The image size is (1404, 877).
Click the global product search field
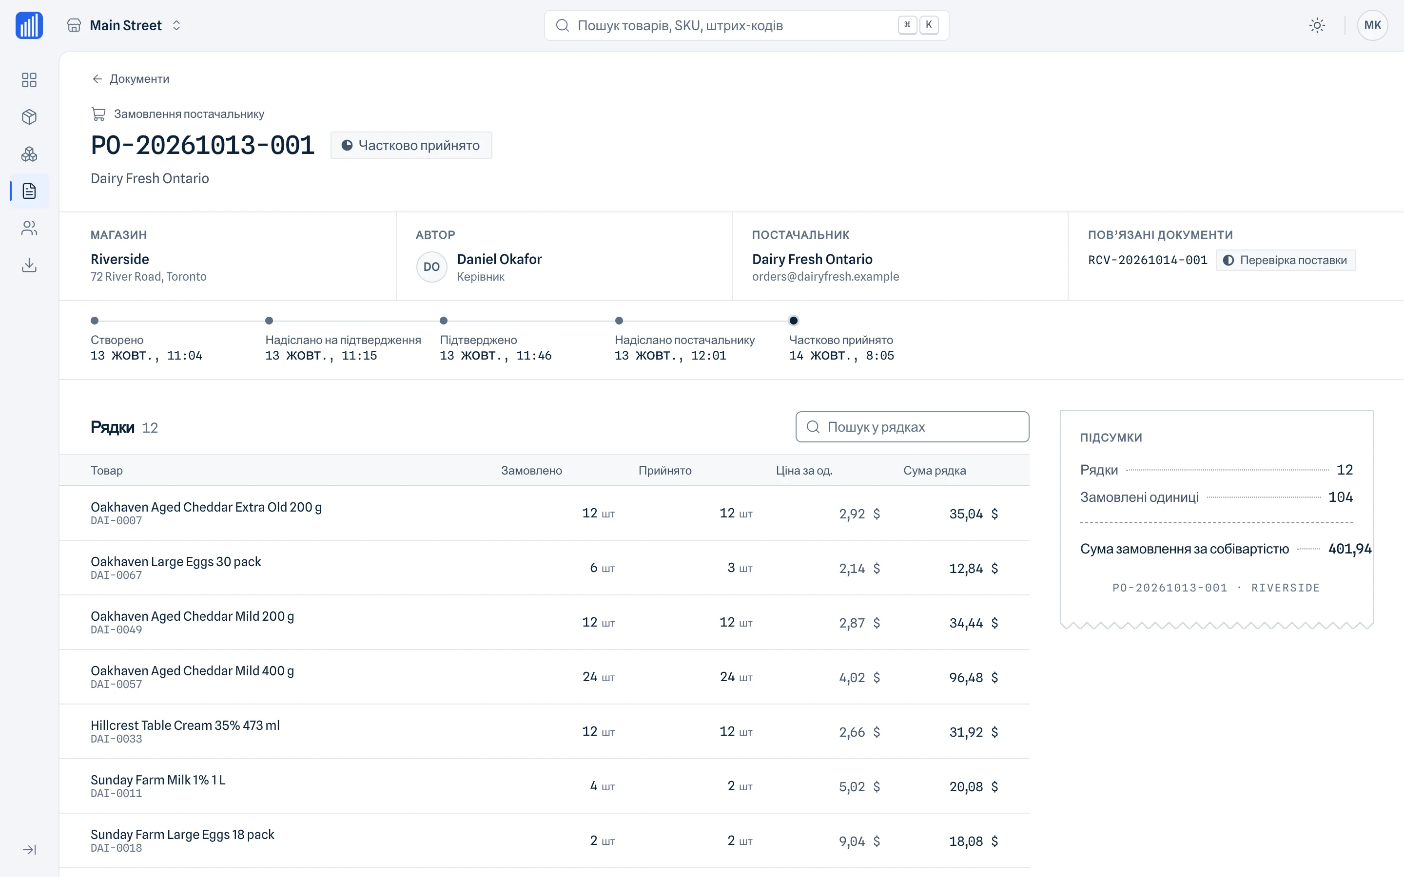746,25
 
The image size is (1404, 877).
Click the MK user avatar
1372,25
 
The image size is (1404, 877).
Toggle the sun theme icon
1317,25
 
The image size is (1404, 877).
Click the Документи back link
130,79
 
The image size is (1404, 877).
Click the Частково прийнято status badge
411,145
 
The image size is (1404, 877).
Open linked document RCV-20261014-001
1147,260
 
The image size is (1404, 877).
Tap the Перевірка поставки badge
1286,260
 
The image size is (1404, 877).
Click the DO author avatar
431,267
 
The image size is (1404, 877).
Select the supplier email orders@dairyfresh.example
825,277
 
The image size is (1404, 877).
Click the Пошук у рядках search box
912,427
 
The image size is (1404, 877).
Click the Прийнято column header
665,470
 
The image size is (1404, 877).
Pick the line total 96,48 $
973,677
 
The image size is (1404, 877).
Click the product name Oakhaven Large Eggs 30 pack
176,561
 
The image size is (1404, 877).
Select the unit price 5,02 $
859,786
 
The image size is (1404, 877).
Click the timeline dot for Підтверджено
444,321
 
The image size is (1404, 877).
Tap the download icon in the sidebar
29,265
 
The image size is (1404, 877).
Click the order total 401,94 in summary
1349,549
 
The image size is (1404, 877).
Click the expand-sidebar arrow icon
29,850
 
